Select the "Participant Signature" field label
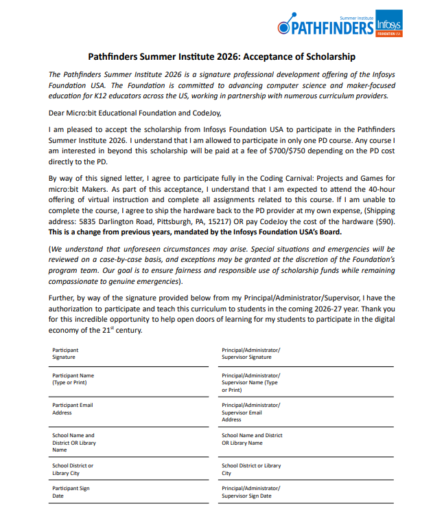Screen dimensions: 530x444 pos(65,353)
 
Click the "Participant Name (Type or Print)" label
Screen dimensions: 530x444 pos(73,379)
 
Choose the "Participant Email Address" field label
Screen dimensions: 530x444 pos(72,409)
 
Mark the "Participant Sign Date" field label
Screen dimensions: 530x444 pos(71,492)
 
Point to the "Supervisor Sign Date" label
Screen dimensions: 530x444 pos(250,492)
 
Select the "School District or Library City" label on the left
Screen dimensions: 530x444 pos(73,470)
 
